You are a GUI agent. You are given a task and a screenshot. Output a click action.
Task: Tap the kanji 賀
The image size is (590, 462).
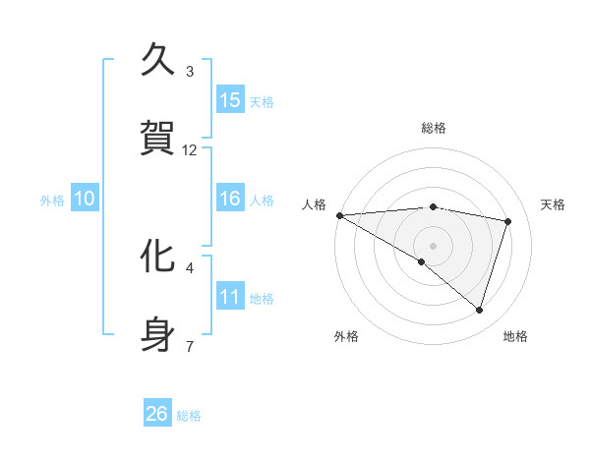(158, 138)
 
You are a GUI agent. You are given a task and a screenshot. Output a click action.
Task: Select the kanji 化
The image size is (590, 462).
(158, 257)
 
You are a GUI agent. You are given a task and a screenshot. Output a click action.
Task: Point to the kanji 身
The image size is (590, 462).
(158, 334)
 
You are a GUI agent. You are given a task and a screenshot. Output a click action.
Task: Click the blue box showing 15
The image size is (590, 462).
(230, 100)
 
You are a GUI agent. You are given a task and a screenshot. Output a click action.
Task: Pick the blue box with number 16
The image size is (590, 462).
(230, 200)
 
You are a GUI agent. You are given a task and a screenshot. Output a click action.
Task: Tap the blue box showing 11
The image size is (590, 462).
(230, 297)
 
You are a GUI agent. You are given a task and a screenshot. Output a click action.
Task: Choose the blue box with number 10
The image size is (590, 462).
(85, 200)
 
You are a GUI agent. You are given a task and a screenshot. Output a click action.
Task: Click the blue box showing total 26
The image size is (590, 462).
(157, 414)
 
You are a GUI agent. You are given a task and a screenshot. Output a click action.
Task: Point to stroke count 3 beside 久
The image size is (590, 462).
(189, 71)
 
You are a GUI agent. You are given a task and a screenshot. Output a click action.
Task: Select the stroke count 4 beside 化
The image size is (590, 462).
(189, 267)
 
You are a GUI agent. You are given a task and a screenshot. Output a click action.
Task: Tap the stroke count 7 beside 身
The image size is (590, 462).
(189, 346)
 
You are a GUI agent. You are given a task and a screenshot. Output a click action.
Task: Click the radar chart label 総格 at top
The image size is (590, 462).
(433, 128)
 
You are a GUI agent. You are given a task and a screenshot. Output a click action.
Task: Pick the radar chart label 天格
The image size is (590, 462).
(553, 204)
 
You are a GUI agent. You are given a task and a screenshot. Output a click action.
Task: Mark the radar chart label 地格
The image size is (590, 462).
(515, 336)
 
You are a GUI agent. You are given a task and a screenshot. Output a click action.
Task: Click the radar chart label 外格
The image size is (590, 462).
(346, 336)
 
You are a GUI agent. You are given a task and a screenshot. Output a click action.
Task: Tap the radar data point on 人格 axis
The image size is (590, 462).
(339, 215)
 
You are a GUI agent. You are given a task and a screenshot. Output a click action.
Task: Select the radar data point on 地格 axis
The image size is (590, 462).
(479, 310)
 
